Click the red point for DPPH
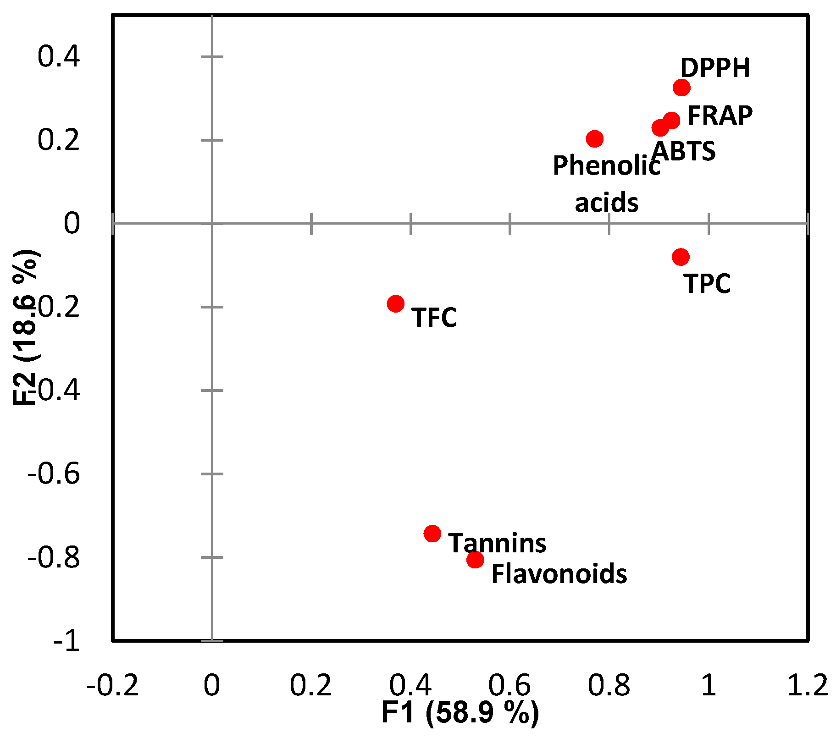point(681,87)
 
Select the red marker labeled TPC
point(681,257)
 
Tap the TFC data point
point(395,303)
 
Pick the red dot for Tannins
point(432,533)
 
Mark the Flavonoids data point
point(475,559)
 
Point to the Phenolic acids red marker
point(594,138)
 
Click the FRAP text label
point(720,116)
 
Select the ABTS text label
point(683,151)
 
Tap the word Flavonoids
point(559,574)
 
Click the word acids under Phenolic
point(606,203)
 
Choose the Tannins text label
point(497,543)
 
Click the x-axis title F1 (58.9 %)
point(460,713)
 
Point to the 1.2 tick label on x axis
point(807,685)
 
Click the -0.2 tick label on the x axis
point(112,685)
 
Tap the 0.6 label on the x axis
point(509,685)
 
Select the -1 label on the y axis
point(66,641)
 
